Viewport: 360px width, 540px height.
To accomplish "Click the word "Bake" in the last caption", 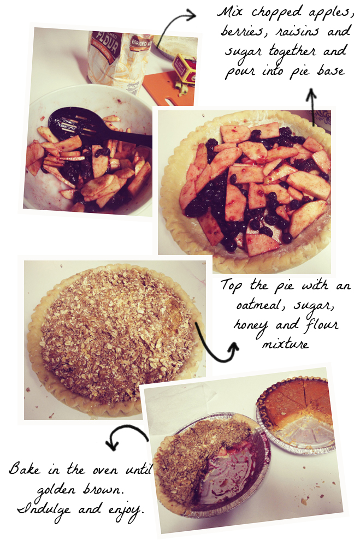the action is coord(25,469).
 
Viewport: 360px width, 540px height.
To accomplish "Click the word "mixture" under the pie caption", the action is coord(285,343).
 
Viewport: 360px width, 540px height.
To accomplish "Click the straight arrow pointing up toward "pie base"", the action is coord(311,107).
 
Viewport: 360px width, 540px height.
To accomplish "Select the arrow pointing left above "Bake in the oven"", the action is coord(125,435).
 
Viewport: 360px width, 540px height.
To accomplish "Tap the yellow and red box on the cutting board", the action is coord(184,69).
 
